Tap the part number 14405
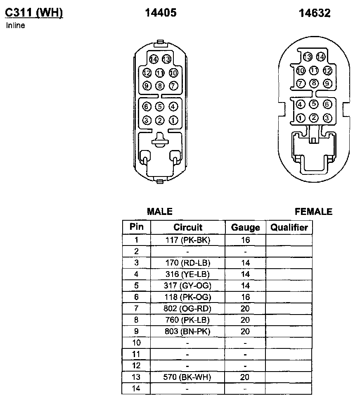[161, 13]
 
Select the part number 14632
[315, 13]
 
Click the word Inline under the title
[16, 26]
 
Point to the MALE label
[160, 212]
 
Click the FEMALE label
[313, 212]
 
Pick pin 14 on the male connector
[154, 59]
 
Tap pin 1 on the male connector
[173, 120]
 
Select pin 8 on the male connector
[160, 86]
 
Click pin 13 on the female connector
[307, 57]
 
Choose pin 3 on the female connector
[327, 118]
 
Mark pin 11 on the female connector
[314, 71]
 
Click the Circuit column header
[188, 227]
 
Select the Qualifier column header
[289, 227]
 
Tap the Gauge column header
[245, 227]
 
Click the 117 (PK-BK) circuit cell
[188, 240]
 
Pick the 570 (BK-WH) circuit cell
[188, 377]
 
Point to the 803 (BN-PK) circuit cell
[188, 331]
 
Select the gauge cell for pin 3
[245, 262]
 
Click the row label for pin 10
[136, 343]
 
